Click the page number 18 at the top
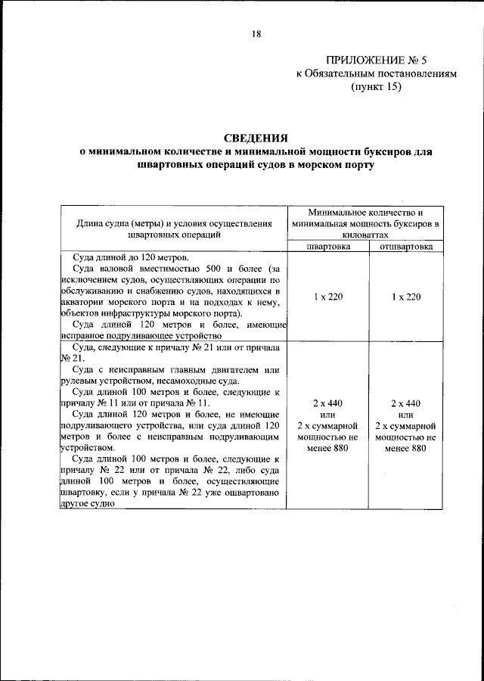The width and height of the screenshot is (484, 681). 256,33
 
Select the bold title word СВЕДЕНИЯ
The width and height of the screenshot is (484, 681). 256,138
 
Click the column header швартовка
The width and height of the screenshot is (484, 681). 327,246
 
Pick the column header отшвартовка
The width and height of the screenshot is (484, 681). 405,246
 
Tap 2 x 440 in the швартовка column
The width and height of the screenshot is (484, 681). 327,403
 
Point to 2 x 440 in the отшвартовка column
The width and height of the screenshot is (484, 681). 407,403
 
